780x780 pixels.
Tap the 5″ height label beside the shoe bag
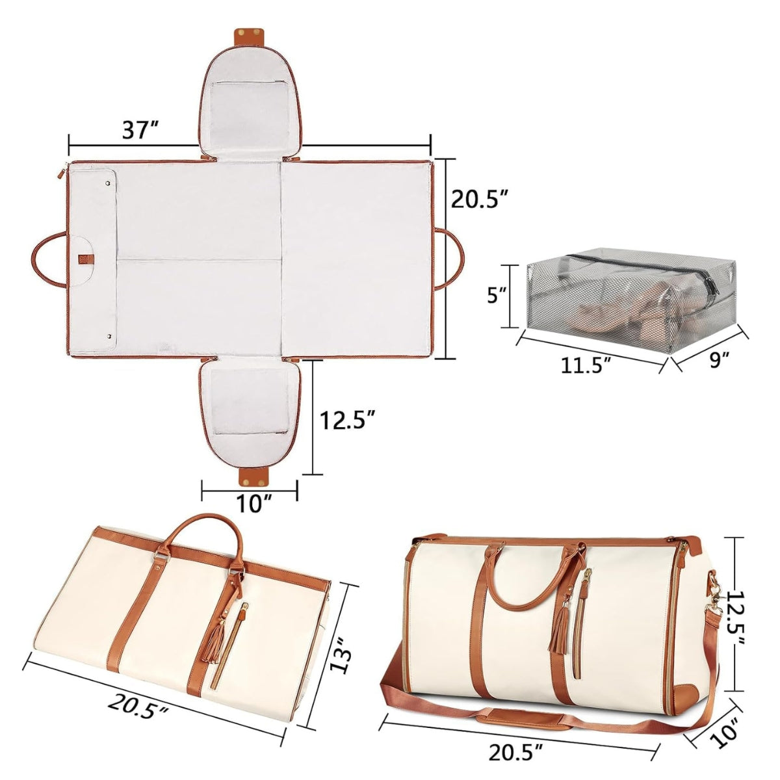pos(497,295)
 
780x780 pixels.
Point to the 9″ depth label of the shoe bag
pos(716,359)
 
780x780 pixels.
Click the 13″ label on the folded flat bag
pos(339,624)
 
